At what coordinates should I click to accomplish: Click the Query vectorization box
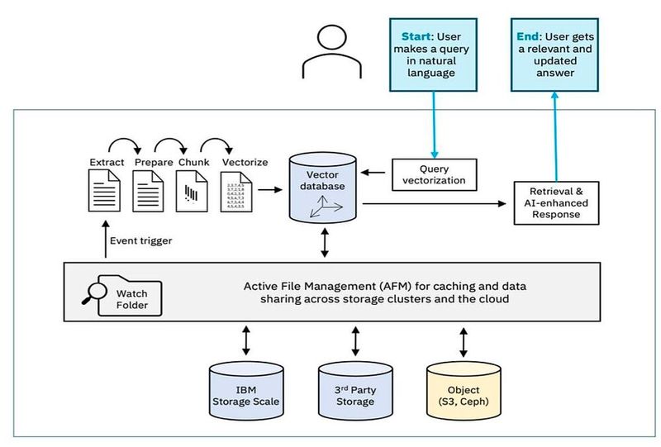point(435,174)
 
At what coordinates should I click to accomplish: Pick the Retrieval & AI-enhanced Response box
point(555,201)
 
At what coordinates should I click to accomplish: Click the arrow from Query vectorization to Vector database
point(377,174)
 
